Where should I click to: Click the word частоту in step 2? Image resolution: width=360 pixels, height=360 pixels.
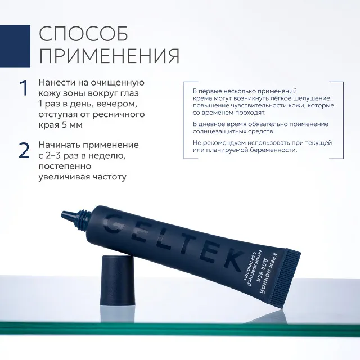click(106, 177)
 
